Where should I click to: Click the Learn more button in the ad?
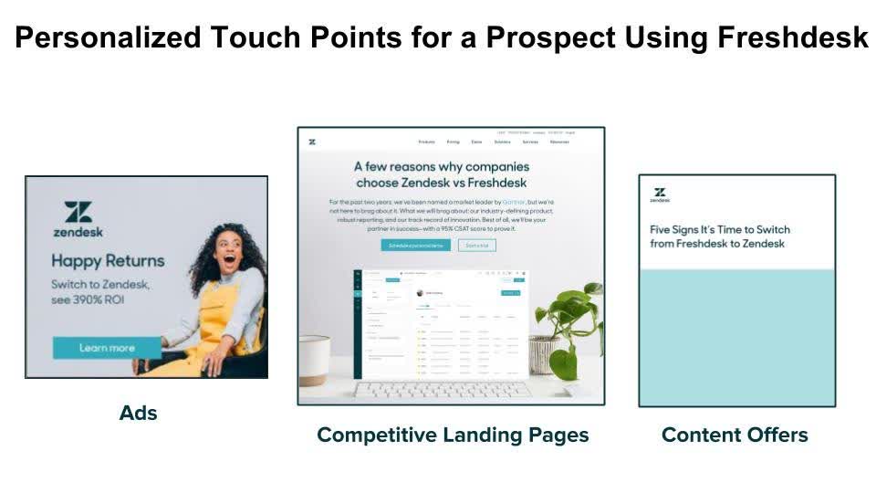click(x=107, y=348)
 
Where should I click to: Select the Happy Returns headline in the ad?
click(x=108, y=261)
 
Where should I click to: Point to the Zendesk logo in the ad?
click(x=78, y=219)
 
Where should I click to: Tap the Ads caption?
click(x=139, y=413)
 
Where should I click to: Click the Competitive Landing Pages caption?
click(x=453, y=435)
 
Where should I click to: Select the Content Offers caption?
click(x=735, y=435)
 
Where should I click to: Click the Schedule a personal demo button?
click(x=415, y=246)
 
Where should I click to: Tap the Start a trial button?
click(x=477, y=246)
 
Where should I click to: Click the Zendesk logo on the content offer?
click(x=660, y=195)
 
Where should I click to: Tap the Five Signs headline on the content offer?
click(x=719, y=236)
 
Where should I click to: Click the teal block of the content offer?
click(x=736, y=338)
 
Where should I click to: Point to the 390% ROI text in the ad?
click(x=88, y=299)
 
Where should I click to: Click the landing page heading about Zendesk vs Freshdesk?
click(x=442, y=174)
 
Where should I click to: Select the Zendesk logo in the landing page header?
click(x=312, y=142)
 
